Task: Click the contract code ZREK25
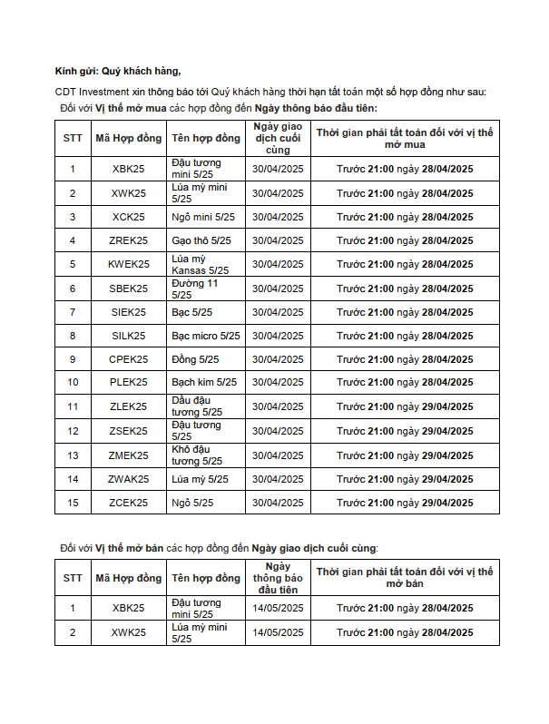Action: pos(128,240)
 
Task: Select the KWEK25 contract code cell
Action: pos(128,264)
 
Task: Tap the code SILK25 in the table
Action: pos(128,336)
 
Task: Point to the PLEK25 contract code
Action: pos(128,382)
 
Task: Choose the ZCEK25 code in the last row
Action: pos(128,502)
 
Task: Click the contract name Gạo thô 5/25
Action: pos(201,240)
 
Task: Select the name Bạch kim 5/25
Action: pos(203,382)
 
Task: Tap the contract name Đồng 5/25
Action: pos(195,359)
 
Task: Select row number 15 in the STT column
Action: pos(73,502)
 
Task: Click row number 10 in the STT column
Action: pos(73,382)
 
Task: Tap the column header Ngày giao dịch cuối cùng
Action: pos(278,138)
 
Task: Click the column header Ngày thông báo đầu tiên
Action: pos(278,578)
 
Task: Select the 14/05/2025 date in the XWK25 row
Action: pos(278,632)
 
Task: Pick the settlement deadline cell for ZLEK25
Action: pos(405,406)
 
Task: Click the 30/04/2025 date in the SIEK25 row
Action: pos(278,312)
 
